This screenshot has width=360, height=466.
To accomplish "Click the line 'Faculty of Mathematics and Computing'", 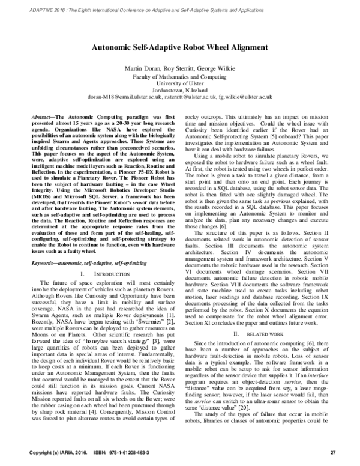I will pyautogui.click(x=180, y=77).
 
